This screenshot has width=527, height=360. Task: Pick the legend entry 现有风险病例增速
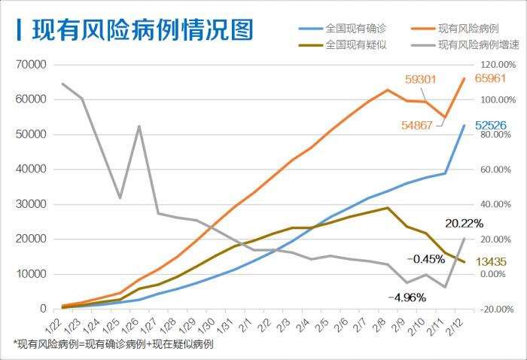pyautogui.click(x=477, y=44)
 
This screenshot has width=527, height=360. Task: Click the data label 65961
pyautogui.click(x=493, y=79)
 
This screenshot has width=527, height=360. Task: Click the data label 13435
pyautogui.click(x=493, y=262)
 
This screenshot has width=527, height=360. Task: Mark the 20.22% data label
pyautogui.click(x=465, y=223)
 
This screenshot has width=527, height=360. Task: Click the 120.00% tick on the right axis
pyautogui.click(x=499, y=65)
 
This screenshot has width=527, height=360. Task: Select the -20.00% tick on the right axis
pyautogui.click(x=498, y=309)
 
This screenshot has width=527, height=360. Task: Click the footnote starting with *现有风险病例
pyautogui.click(x=113, y=344)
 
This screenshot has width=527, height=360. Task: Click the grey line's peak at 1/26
pyautogui.click(x=139, y=127)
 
